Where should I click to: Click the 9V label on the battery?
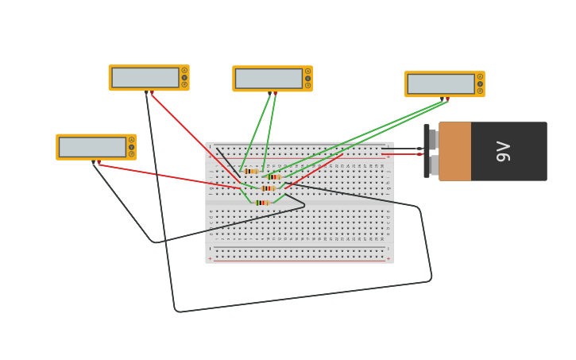(x=503, y=151)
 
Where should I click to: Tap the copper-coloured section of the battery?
(x=454, y=151)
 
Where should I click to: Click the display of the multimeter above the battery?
(x=440, y=83)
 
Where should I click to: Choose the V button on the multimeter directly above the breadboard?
(x=308, y=78)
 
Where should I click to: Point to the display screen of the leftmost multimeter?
(x=92, y=147)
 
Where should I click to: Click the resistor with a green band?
(x=262, y=203)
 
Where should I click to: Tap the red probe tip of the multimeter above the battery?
(x=447, y=99)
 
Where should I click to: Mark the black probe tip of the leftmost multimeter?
(x=93, y=163)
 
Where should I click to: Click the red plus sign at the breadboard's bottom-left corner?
(x=210, y=258)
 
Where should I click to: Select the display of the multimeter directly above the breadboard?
(x=269, y=78)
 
